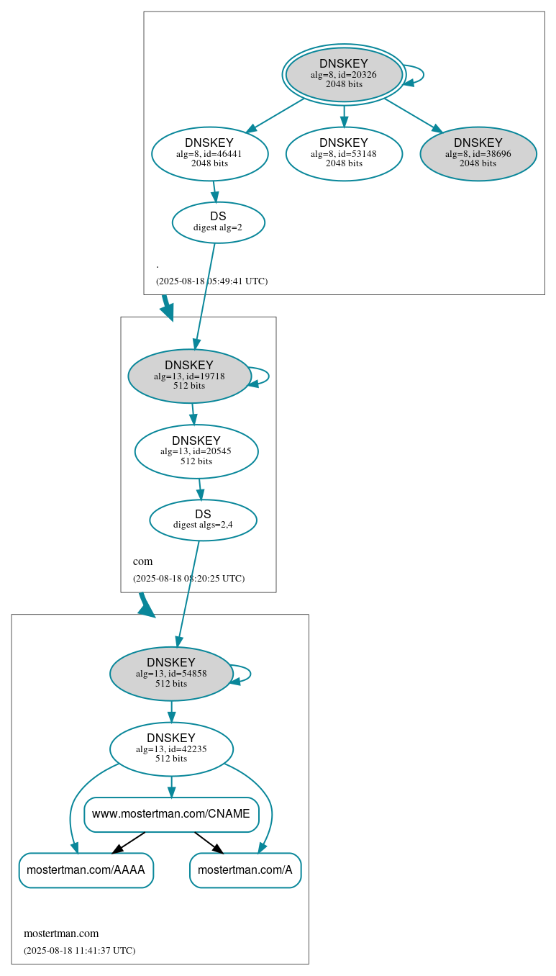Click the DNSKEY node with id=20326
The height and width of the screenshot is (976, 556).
[x=344, y=74]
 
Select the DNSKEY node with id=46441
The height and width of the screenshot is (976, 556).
[x=209, y=153]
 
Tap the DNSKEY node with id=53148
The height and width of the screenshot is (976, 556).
[x=344, y=153]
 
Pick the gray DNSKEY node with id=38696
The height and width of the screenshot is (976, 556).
[x=478, y=153]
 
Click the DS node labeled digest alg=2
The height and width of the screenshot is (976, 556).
[x=218, y=222]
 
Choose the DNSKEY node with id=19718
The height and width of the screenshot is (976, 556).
[x=189, y=376]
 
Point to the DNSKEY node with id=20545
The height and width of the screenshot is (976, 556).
[x=196, y=451]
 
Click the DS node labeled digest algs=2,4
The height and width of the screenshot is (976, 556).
[x=203, y=520]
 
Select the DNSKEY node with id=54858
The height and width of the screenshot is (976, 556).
[x=171, y=674]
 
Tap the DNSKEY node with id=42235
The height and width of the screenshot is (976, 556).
[x=171, y=749]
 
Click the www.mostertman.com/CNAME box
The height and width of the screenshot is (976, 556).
[x=171, y=814]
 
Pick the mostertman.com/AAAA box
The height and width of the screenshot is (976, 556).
[x=86, y=870]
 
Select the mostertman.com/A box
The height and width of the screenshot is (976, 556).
[x=245, y=870]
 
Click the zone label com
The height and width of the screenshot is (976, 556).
[x=142, y=561]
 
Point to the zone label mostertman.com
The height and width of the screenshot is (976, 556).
[x=61, y=934]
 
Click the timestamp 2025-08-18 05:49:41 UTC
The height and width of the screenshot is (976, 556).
[x=211, y=281]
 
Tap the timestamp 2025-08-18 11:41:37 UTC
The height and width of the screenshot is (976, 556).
[x=79, y=951]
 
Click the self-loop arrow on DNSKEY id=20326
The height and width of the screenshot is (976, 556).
[x=422, y=75]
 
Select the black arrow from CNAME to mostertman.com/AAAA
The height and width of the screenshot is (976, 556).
[x=129, y=843]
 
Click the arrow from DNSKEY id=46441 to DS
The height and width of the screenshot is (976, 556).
[x=214, y=191]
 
